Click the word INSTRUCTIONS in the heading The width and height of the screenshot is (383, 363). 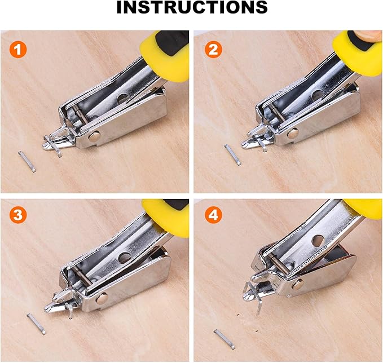click(x=192, y=7)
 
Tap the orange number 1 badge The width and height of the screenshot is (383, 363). click(x=19, y=50)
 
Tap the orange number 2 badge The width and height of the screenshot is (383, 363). click(x=212, y=50)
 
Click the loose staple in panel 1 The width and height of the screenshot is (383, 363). click(x=27, y=161)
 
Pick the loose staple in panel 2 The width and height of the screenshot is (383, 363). click(x=232, y=154)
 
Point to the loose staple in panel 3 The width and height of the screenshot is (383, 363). click(x=36, y=324)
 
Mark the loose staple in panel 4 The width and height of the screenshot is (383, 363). click(x=224, y=339)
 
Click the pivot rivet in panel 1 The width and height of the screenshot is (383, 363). click(x=94, y=135)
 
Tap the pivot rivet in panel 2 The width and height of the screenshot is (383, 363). click(x=292, y=134)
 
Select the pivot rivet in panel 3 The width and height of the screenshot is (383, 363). click(x=102, y=299)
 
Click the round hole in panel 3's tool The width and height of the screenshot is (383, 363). click(x=124, y=258)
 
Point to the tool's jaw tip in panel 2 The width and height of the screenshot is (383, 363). click(x=248, y=144)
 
